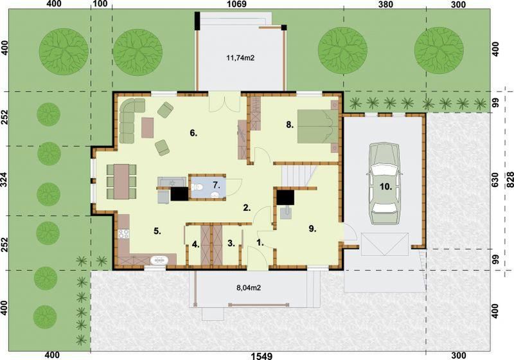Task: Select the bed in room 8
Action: (317, 127)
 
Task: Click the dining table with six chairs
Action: (121, 180)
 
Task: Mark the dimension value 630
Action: (495, 180)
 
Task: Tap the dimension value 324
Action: (5, 180)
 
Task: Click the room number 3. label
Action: (230, 243)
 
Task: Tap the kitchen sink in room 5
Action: (157, 260)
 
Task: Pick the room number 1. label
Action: (260, 242)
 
